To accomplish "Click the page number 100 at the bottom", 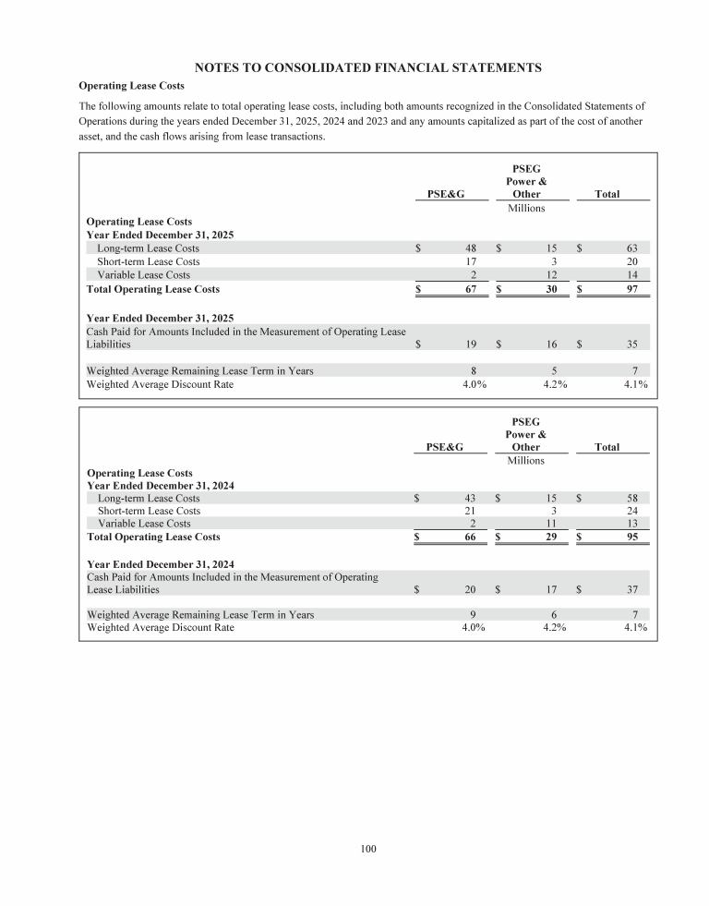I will pos(368,848).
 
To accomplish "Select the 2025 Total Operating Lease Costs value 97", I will pos(632,289).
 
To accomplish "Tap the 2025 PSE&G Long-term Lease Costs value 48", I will pos(470,248).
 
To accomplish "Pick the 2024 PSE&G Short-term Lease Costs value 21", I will pos(470,511).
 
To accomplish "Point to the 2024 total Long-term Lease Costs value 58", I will pos(632,498).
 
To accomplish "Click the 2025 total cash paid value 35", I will pos(632,344).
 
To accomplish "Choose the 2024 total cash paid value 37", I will pos(632,589).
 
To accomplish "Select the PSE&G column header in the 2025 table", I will pos(445,195).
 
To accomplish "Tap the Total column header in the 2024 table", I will pos(607,447).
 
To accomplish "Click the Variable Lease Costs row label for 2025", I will pos(144,275).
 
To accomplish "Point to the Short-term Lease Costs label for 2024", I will pos(149,511).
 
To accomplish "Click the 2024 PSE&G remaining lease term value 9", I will pos(473,614).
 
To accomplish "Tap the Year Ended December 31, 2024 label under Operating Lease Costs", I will pos(160,486).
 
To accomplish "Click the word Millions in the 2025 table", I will pos(526,208).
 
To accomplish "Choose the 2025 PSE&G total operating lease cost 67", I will pos(470,289).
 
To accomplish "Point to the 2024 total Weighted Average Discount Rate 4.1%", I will pos(635,628).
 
